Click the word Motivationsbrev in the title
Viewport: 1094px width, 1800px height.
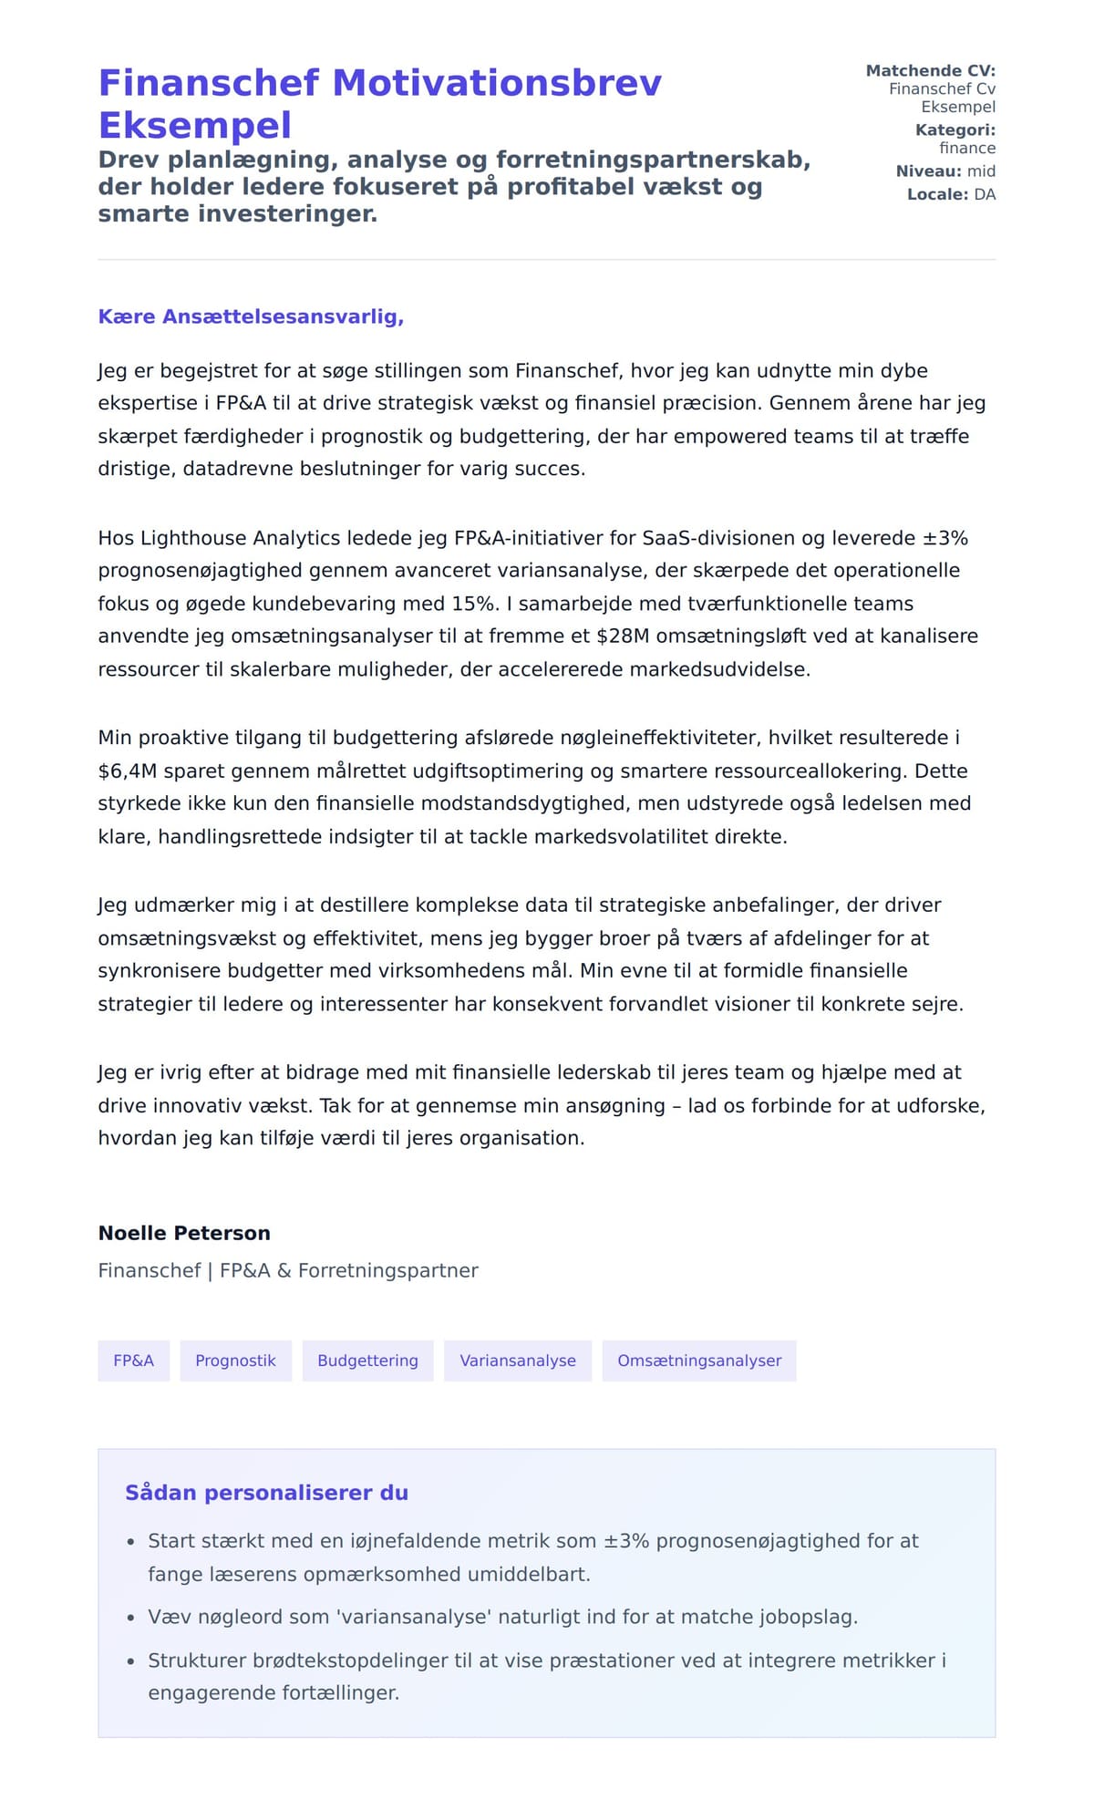pyautogui.click(x=497, y=83)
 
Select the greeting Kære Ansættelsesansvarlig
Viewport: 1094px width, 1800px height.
pyautogui.click(x=251, y=316)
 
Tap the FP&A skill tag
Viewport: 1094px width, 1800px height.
pyautogui.click(x=133, y=1360)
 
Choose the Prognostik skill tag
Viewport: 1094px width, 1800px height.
pyautogui.click(x=235, y=1360)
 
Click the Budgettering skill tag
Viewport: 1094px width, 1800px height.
pyautogui.click(x=367, y=1360)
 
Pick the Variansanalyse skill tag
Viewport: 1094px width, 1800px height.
pyautogui.click(x=517, y=1360)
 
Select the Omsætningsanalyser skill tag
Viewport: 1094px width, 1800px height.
pyautogui.click(x=698, y=1360)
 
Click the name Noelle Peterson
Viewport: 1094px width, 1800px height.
pyautogui.click(x=184, y=1233)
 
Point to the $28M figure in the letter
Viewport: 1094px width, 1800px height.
pyautogui.click(x=623, y=636)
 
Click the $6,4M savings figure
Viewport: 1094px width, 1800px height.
pyautogui.click(x=128, y=771)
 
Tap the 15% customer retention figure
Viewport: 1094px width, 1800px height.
pyautogui.click(x=475, y=604)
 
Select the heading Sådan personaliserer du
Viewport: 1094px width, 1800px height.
pyautogui.click(x=266, y=1493)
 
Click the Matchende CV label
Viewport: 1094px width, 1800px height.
pyautogui.click(x=930, y=70)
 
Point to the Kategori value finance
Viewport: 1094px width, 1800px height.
pyautogui.click(x=967, y=148)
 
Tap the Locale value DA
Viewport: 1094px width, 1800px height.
pyautogui.click(x=985, y=194)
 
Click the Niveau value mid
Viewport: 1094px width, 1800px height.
pyautogui.click(x=981, y=171)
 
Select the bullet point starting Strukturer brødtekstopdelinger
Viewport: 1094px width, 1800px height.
pyautogui.click(x=547, y=1676)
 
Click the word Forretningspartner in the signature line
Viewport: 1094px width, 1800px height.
pyautogui.click(x=387, y=1270)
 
